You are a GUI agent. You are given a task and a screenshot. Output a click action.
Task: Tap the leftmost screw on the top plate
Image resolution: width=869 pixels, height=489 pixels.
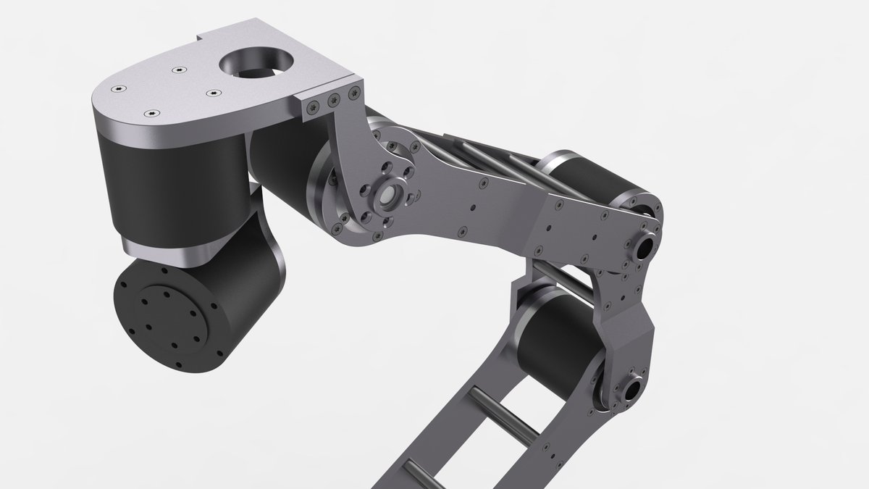[x=118, y=88]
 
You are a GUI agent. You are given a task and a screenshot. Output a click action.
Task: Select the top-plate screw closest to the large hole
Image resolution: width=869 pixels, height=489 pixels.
[x=213, y=93]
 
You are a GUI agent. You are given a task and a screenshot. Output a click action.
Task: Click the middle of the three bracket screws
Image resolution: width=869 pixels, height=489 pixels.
[x=334, y=99]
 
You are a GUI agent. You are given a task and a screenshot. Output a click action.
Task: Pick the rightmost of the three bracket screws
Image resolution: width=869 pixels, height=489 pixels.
[x=354, y=93]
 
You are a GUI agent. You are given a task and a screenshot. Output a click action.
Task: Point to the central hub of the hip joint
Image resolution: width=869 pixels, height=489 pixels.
[x=388, y=195]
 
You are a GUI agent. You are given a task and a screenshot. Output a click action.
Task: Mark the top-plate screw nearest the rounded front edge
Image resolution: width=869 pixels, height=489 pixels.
[x=151, y=114]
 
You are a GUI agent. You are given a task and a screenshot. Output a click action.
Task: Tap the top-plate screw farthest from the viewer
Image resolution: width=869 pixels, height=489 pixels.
[x=178, y=70]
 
